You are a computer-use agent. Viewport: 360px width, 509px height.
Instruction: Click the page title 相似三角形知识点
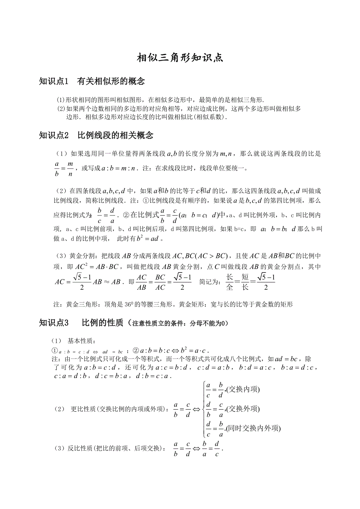(180, 58)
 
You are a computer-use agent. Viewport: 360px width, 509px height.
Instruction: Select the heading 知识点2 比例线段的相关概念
(96, 136)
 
